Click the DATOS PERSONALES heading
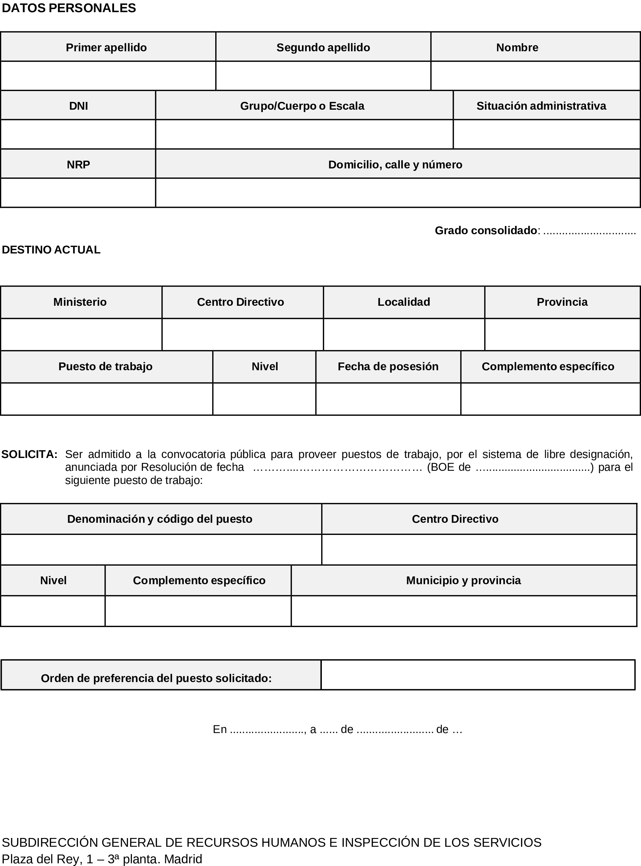(69, 8)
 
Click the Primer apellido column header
(106, 47)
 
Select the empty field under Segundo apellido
(323, 76)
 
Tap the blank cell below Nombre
(535, 76)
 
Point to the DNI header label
(78, 106)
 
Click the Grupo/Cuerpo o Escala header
(302, 106)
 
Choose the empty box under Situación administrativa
(546, 134)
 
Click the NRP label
(78, 165)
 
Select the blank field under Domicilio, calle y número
(397, 193)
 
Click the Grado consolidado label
(486, 231)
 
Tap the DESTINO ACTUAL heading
(51, 250)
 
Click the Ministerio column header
(80, 302)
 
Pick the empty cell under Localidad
(404, 334)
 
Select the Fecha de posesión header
(388, 367)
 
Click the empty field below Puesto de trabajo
(106, 399)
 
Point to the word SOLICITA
(29, 454)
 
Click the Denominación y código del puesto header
(160, 519)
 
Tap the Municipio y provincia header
(463, 580)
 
